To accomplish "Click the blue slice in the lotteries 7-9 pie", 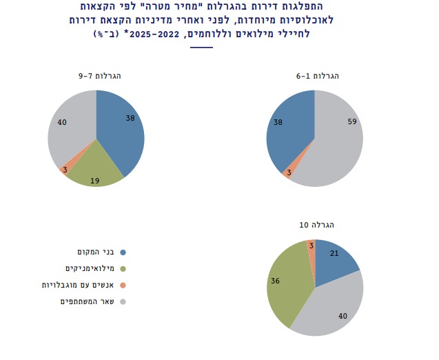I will [121, 131].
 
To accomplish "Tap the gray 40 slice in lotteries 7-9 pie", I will [69, 128].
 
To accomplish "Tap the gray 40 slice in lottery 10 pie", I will [331, 310].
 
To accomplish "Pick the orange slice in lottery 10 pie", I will [311, 247].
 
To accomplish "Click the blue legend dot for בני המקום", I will [123, 252].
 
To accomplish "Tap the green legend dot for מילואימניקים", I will [123, 268].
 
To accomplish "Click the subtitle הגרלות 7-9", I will [96, 75].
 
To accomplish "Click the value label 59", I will [351, 122].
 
